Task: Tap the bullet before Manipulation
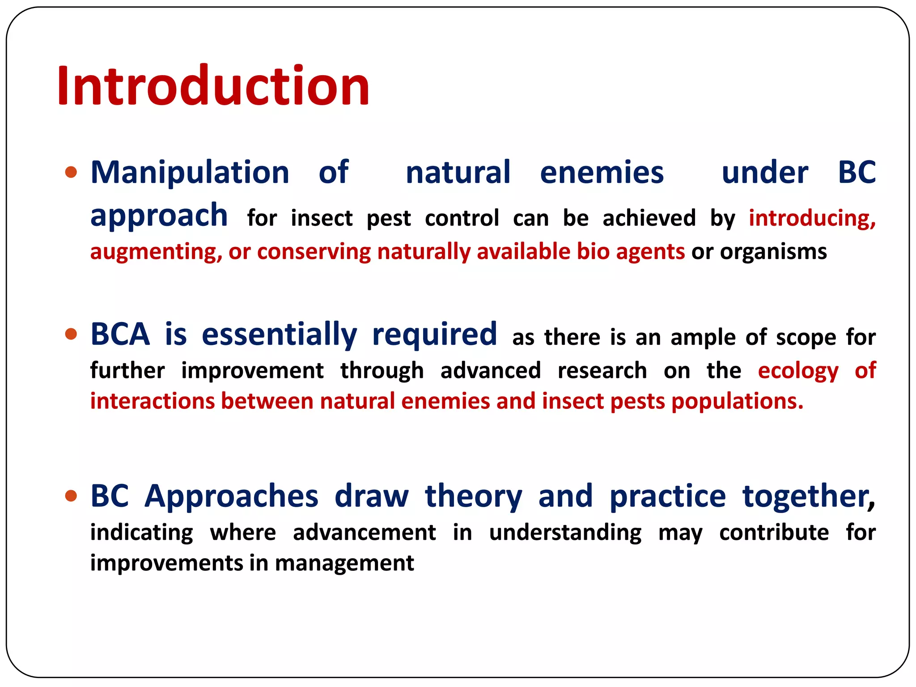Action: (71, 172)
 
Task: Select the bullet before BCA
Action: (71, 334)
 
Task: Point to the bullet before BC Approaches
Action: (71, 496)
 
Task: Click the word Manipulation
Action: (190, 172)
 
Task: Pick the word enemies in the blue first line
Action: (602, 172)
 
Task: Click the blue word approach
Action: (159, 216)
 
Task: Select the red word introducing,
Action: (812, 218)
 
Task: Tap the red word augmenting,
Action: (156, 252)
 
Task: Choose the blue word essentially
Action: (279, 334)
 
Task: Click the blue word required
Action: (434, 334)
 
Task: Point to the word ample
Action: (703, 338)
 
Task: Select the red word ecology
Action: (798, 371)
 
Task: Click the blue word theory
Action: (473, 496)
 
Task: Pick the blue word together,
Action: (808, 496)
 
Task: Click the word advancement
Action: (364, 533)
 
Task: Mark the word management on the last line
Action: (344, 563)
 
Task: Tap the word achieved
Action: (649, 218)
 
